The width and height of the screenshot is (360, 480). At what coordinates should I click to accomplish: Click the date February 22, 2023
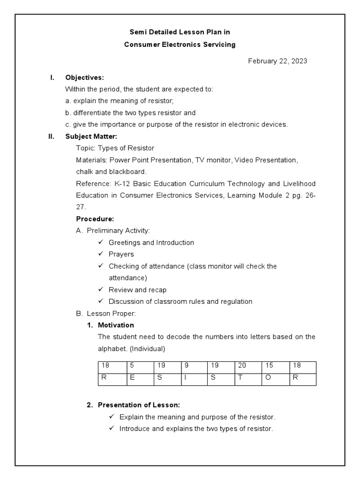[277, 61]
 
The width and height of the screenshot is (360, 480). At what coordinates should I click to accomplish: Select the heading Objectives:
[84, 77]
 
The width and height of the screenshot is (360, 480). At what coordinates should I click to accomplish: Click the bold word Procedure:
[95, 219]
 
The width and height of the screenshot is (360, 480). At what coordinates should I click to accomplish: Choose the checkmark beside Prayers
[100, 254]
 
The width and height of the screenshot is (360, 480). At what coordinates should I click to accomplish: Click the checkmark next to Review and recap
[100, 290]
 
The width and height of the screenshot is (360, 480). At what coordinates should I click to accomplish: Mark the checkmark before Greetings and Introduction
[100, 242]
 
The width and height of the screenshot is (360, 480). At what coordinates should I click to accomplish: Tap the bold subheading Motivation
[116, 325]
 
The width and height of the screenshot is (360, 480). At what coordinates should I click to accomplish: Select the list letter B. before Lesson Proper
[79, 313]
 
